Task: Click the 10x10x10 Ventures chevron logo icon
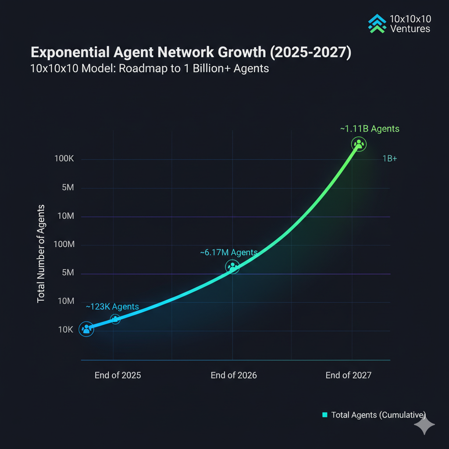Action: pos(377,24)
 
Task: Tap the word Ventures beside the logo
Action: pos(410,29)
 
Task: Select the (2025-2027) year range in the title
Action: pos(310,53)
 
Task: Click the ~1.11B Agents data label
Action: pos(370,128)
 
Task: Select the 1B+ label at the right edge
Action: pos(389,159)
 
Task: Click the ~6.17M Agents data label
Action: pos(228,253)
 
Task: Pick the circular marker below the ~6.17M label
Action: pos(232,266)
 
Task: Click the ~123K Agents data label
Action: pos(112,306)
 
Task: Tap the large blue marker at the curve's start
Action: pos(86,329)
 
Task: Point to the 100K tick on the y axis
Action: pos(64,158)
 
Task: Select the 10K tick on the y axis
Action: pos(65,329)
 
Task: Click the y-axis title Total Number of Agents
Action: pos(41,253)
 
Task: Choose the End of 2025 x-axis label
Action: pos(118,375)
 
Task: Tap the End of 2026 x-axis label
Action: pos(234,375)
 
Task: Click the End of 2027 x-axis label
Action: pos(348,375)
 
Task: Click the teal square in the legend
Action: pos(325,415)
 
